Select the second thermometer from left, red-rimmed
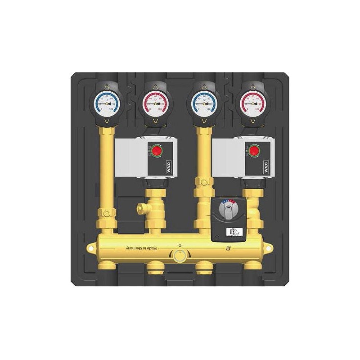coord(155,103)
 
